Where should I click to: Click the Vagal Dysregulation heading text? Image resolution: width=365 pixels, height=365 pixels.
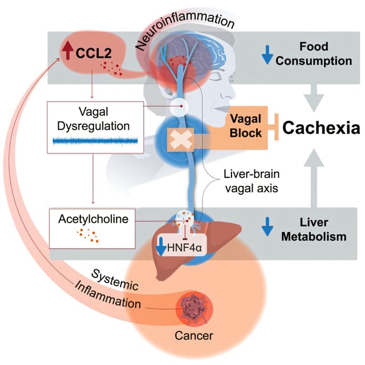pyautogui.click(x=92, y=117)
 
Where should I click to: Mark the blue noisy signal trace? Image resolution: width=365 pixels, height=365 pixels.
pyautogui.click(x=93, y=140)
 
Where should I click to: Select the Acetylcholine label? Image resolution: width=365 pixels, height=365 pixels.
pyautogui.click(x=92, y=218)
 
